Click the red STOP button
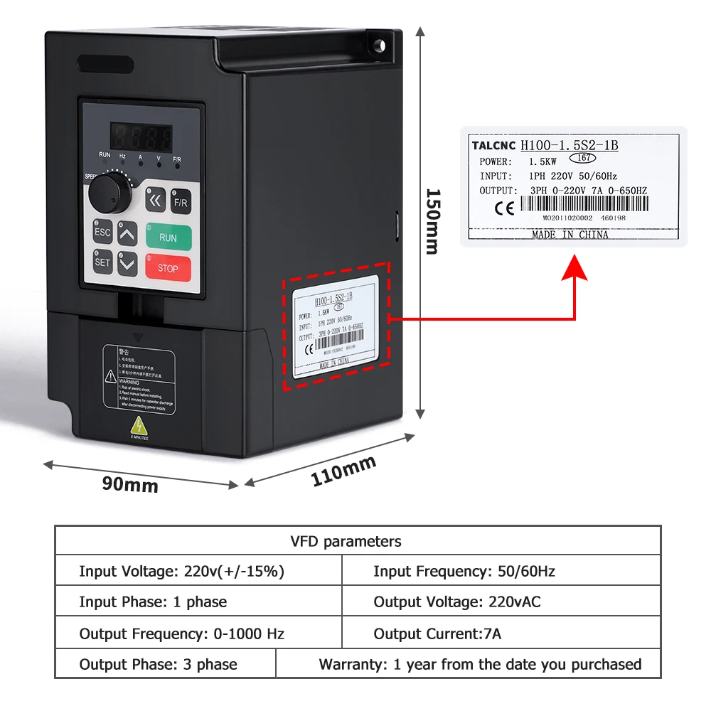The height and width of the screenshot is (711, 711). [169, 268]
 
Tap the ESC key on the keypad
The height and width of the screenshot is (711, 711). [103, 232]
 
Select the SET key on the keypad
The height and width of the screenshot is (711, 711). [103, 262]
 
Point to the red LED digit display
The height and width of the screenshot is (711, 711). [140, 137]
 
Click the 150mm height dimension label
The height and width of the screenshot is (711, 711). [432, 221]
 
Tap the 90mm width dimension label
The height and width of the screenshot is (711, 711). [130, 485]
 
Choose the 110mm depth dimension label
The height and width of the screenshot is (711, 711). [343, 471]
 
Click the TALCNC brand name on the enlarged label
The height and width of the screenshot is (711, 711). [493, 146]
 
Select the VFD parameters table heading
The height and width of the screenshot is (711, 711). [346, 542]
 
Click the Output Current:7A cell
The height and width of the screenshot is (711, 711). [437, 634]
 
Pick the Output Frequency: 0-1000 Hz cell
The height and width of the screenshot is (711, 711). [182, 634]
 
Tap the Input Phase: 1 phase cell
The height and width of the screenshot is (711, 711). [153, 602]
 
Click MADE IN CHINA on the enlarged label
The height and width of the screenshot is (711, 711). [570, 235]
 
